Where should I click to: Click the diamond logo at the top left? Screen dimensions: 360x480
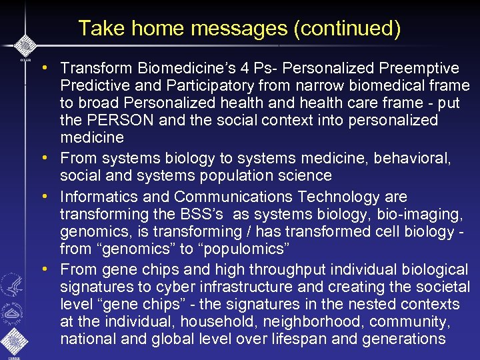24,45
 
